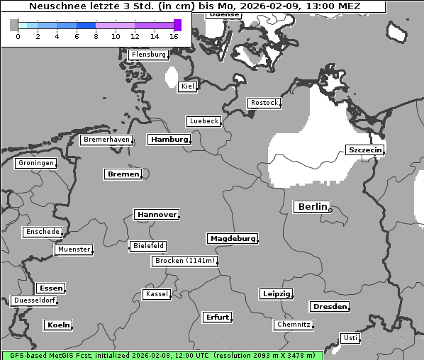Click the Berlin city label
pyautogui.click(x=311, y=207)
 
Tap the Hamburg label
pyautogui.click(x=169, y=140)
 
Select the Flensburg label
pyautogui.click(x=148, y=55)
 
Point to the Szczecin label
pyautogui.click(x=364, y=150)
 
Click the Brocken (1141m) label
pyautogui.click(x=184, y=261)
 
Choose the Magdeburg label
pyautogui.click(x=232, y=239)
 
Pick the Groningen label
pyautogui.click(x=35, y=163)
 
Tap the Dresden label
pyautogui.click(x=329, y=307)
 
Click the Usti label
pyautogui.click(x=350, y=338)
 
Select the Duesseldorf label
pyautogui.click(x=34, y=300)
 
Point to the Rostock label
pyautogui.click(x=264, y=103)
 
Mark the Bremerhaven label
pyautogui.click(x=106, y=140)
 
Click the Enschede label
pyautogui.click(x=42, y=232)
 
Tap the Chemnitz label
pyautogui.click(x=293, y=325)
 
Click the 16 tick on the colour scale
pyautogui.click(x=174, y=36)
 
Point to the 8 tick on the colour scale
pyautogui.click(x=96, y=36)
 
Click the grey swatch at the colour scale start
pyautogui.click(x=13, y=26)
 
